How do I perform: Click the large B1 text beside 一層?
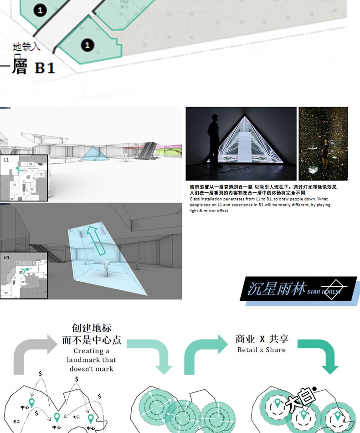click(45, 68)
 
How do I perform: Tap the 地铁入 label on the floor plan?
click(26, 46)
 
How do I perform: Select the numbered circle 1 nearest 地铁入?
click(87, 45)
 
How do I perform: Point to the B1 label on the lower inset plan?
click(6, 258)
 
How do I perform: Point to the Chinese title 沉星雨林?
click(276, 289)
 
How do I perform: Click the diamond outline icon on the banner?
click(335, 288)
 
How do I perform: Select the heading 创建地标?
click(92, 328)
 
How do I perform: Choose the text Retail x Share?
click(262, 350)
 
